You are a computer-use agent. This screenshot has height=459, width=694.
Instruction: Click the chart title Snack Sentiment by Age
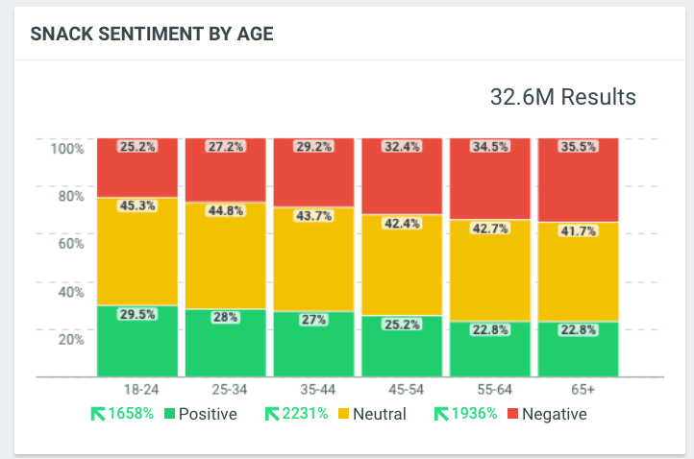152,35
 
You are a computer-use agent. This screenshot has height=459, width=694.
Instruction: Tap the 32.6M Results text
562,97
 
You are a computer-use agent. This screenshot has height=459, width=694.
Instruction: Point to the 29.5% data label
137,314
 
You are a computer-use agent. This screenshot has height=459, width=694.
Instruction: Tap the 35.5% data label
579,148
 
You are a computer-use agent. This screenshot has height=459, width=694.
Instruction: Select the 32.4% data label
402,148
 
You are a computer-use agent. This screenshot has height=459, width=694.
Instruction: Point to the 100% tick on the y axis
67,149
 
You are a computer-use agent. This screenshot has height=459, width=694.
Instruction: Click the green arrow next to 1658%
98,415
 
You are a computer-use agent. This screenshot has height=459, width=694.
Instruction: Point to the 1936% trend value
476,415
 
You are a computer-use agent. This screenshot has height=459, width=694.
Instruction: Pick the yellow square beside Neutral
341,415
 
